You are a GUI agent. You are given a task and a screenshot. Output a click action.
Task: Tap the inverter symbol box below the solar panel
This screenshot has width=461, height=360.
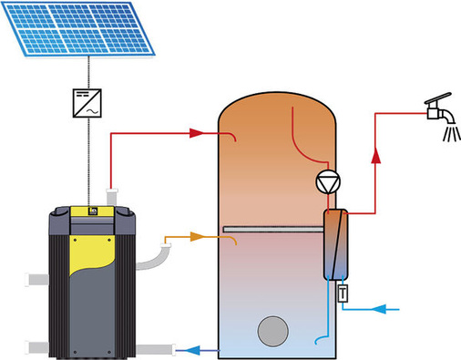point(88,101)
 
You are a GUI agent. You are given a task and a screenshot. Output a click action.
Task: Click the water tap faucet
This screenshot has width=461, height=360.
point(440,110)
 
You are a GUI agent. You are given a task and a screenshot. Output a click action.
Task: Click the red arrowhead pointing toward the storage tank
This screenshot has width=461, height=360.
point(194,133)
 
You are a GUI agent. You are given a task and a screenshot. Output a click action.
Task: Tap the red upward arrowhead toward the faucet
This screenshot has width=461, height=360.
point(377,159)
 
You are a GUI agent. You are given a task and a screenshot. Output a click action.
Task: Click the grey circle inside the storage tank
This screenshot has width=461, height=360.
point(271,330)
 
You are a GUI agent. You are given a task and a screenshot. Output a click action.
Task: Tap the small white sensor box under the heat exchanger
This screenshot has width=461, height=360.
point(343,293)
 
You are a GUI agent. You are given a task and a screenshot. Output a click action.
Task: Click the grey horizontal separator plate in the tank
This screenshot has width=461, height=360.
point(272,229)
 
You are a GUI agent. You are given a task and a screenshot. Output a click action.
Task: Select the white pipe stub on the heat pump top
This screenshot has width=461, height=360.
point(114,197)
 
